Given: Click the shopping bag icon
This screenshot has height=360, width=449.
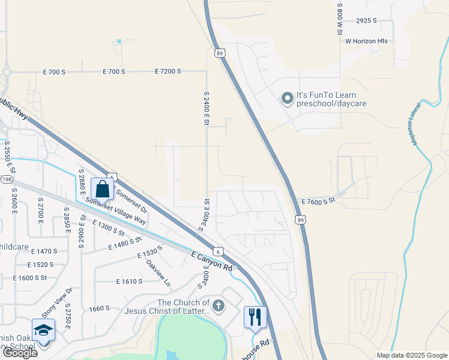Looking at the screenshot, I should [x=102, y=189].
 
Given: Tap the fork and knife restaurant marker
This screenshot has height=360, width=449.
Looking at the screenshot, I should [x=255, y=317].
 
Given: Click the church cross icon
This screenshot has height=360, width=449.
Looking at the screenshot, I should [x=218, y=307].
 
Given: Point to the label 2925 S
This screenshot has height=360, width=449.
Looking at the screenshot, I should [x=366, y=21].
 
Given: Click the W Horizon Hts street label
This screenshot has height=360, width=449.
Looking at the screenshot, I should [x=367, y=41].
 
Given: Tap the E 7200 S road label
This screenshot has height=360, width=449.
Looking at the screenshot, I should [x=167, y=71].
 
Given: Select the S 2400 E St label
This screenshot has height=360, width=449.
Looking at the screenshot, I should [x=206, y=109].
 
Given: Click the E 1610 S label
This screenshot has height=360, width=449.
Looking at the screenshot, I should [x=129, y=281].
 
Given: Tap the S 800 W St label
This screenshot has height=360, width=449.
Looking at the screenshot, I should [x=340, y=18].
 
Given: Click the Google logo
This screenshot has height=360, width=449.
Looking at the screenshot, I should [x=20, y=353].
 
